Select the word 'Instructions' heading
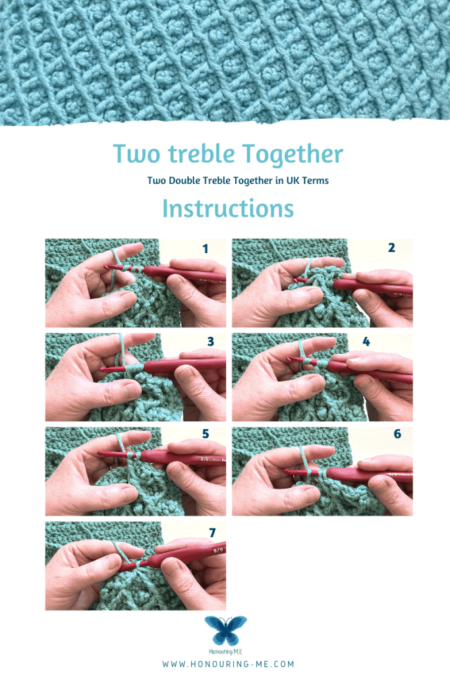point(228,208)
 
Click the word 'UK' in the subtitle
point(293,181)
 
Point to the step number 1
point(205,249)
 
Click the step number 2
point(391,248)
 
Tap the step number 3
point(210,342)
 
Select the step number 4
point(366,342)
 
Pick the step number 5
point(206,434)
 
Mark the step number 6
point(397,434)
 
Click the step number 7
point(212,533)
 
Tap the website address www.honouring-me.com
point(228,664)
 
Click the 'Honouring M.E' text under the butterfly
point(225,652)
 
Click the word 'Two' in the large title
point(136,153)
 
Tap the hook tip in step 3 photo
point(102,370)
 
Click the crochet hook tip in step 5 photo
point(100,454)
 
